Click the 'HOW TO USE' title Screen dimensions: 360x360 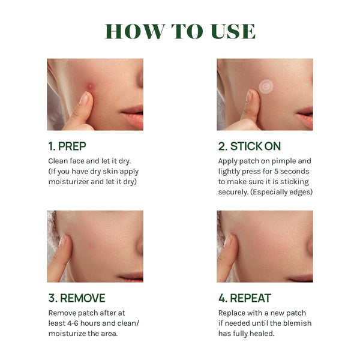pyautogui.click(x=180, y=31)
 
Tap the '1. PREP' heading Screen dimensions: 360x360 pyautogui.click(x=67, y=146)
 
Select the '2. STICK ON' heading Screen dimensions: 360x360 pyautogui.click(x=250, y=146)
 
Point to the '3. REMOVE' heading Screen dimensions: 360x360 pyautogui.click(x=77, y=298)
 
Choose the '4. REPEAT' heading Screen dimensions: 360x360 pyautogui.click(x=245, y=298)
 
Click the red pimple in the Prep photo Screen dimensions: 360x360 pyautogui.click(x=90, y=86)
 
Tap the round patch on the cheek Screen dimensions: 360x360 pyautogui.click(x=266, y=86)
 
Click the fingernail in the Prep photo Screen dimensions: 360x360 pyautogui.click(x=85, y=98)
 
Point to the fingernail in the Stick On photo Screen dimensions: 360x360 pyautogui.click(x=249, y=95)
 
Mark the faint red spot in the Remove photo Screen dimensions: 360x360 pyautogui.click(x=91, y=246)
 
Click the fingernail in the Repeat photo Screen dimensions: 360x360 pyautogui.click(x=227, y=241)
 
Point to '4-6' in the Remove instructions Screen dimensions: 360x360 pyautogui.click(x=73, y=323)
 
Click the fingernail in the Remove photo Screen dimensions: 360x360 pyautogui.click(x=62, y=241)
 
